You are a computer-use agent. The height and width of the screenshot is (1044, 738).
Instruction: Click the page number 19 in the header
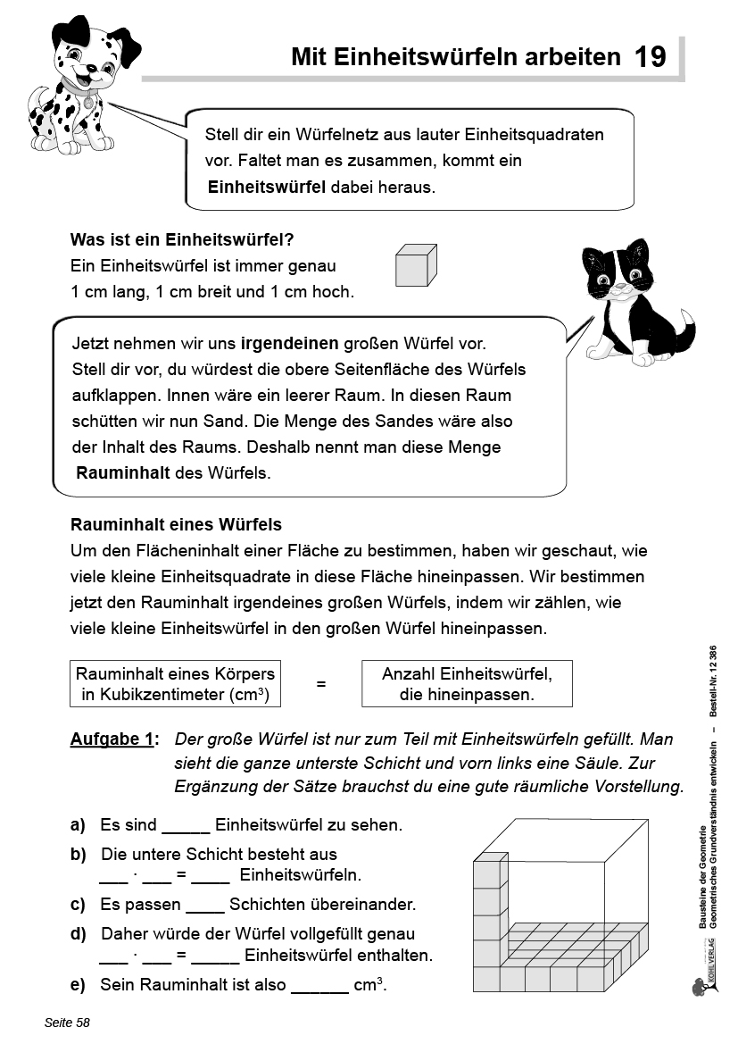[650, 57]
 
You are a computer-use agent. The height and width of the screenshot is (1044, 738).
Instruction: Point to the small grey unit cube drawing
[416, 266]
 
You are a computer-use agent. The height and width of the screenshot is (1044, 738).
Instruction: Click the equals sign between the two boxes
[321, 684]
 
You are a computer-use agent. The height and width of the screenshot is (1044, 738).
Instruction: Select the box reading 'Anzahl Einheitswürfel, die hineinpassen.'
[466, 684]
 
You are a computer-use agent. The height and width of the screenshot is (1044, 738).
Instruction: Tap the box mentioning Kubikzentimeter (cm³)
[175, 684]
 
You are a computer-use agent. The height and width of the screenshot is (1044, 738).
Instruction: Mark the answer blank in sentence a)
[186, 826]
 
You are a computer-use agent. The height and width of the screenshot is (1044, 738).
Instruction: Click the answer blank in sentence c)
[205, 905]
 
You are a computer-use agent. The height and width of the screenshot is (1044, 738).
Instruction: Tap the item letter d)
[79, 934]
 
